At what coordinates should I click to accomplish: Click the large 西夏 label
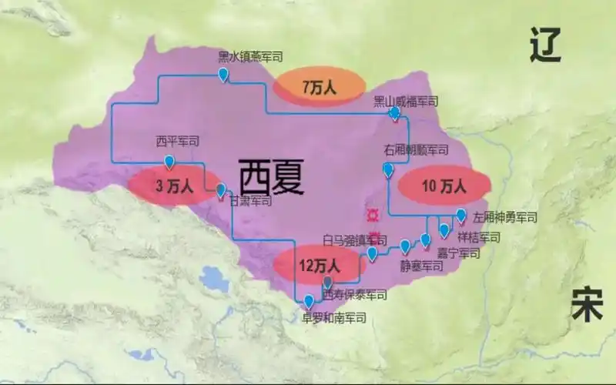coord(271,178)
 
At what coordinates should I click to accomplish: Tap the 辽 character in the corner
coord(546,47)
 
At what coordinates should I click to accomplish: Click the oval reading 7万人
coord(320,88)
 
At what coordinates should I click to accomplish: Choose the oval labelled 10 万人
coord(444,186)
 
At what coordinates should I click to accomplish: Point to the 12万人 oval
coord(319,266)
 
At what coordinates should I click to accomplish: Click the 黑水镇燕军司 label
coord(250,56)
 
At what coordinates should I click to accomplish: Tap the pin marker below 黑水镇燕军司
coord(223,75)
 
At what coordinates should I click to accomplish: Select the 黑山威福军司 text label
coord(406,101)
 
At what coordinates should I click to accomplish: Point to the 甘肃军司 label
coord(250,201)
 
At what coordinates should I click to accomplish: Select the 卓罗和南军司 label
coord(333,316)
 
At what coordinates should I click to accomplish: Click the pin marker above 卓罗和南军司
coord(309,301)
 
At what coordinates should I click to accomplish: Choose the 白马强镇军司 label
coord(355,239)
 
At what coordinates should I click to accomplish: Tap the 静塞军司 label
coord(421,266)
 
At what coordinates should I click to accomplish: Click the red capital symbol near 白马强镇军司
coord(374,213)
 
